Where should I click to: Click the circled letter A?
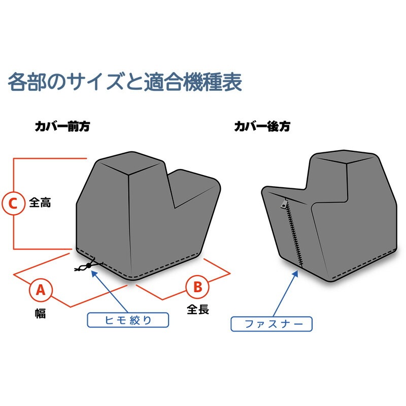(41, 290)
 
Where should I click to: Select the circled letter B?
(197, 287)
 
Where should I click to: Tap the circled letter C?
(13, 204)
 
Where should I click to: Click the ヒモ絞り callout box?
(127, 319)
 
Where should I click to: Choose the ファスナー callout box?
(272, 324)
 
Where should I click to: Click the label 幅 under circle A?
(41, 314)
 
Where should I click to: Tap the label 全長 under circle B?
(198, 309)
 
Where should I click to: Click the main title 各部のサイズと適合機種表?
(125, 82)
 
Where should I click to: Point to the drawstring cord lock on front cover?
(89, 265)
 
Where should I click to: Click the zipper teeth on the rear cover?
(293, 233)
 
